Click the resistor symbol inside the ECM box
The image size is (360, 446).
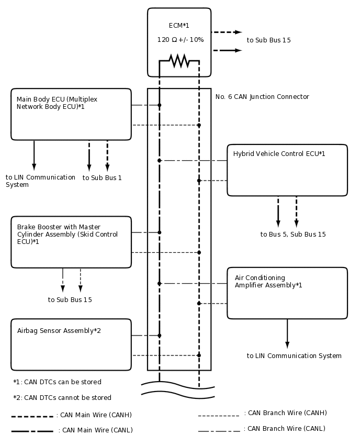pos(179,61)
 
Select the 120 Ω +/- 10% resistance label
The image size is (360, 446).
pos(181,40)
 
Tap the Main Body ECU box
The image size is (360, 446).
pos(71,114)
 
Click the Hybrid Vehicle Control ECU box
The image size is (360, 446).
pos(287,170)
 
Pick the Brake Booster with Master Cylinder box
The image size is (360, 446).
pos(71,242)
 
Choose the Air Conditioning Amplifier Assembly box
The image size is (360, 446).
pos(287,293)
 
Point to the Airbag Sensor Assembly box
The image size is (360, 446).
pos(71,344)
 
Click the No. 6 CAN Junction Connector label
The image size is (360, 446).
pos(262,97)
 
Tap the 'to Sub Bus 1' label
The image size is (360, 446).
pos(102,178)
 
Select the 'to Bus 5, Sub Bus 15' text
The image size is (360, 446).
pos(293,235)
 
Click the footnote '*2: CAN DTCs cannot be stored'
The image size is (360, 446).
pos(62,398)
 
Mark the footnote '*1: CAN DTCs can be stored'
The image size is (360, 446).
pos(58,382)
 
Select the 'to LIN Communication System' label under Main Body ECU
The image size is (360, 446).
pos(40,181)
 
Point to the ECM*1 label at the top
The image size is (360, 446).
pos(179,26)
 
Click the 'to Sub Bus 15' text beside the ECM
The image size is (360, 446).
pos(268,40)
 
